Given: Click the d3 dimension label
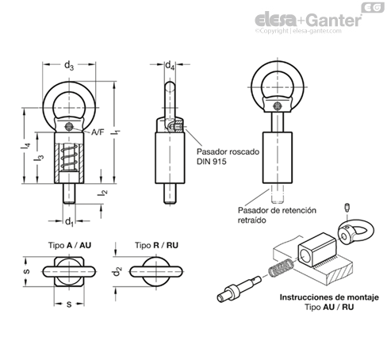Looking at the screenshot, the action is click(69, 65).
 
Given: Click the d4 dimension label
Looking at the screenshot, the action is click(170, 65).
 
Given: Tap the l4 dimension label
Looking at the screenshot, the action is click(25, 145).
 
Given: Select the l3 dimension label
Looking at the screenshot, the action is click(39, 158).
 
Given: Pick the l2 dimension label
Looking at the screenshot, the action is click(102, 193).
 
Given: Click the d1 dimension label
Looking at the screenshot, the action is click(69, 221).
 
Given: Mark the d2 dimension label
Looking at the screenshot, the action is click(117, 271).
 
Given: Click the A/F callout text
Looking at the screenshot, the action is click(98, 132).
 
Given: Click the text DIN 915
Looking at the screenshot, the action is click(211, 161).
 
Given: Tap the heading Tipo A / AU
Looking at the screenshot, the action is click(70, 245).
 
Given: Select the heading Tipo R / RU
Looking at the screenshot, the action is click(156, 245).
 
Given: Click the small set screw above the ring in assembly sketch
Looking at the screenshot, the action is click(347, 207).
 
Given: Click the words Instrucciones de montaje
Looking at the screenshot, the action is click(329, 297).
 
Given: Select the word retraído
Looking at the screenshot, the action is click(251, 220).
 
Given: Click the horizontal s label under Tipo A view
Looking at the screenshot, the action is click(69, 304).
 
